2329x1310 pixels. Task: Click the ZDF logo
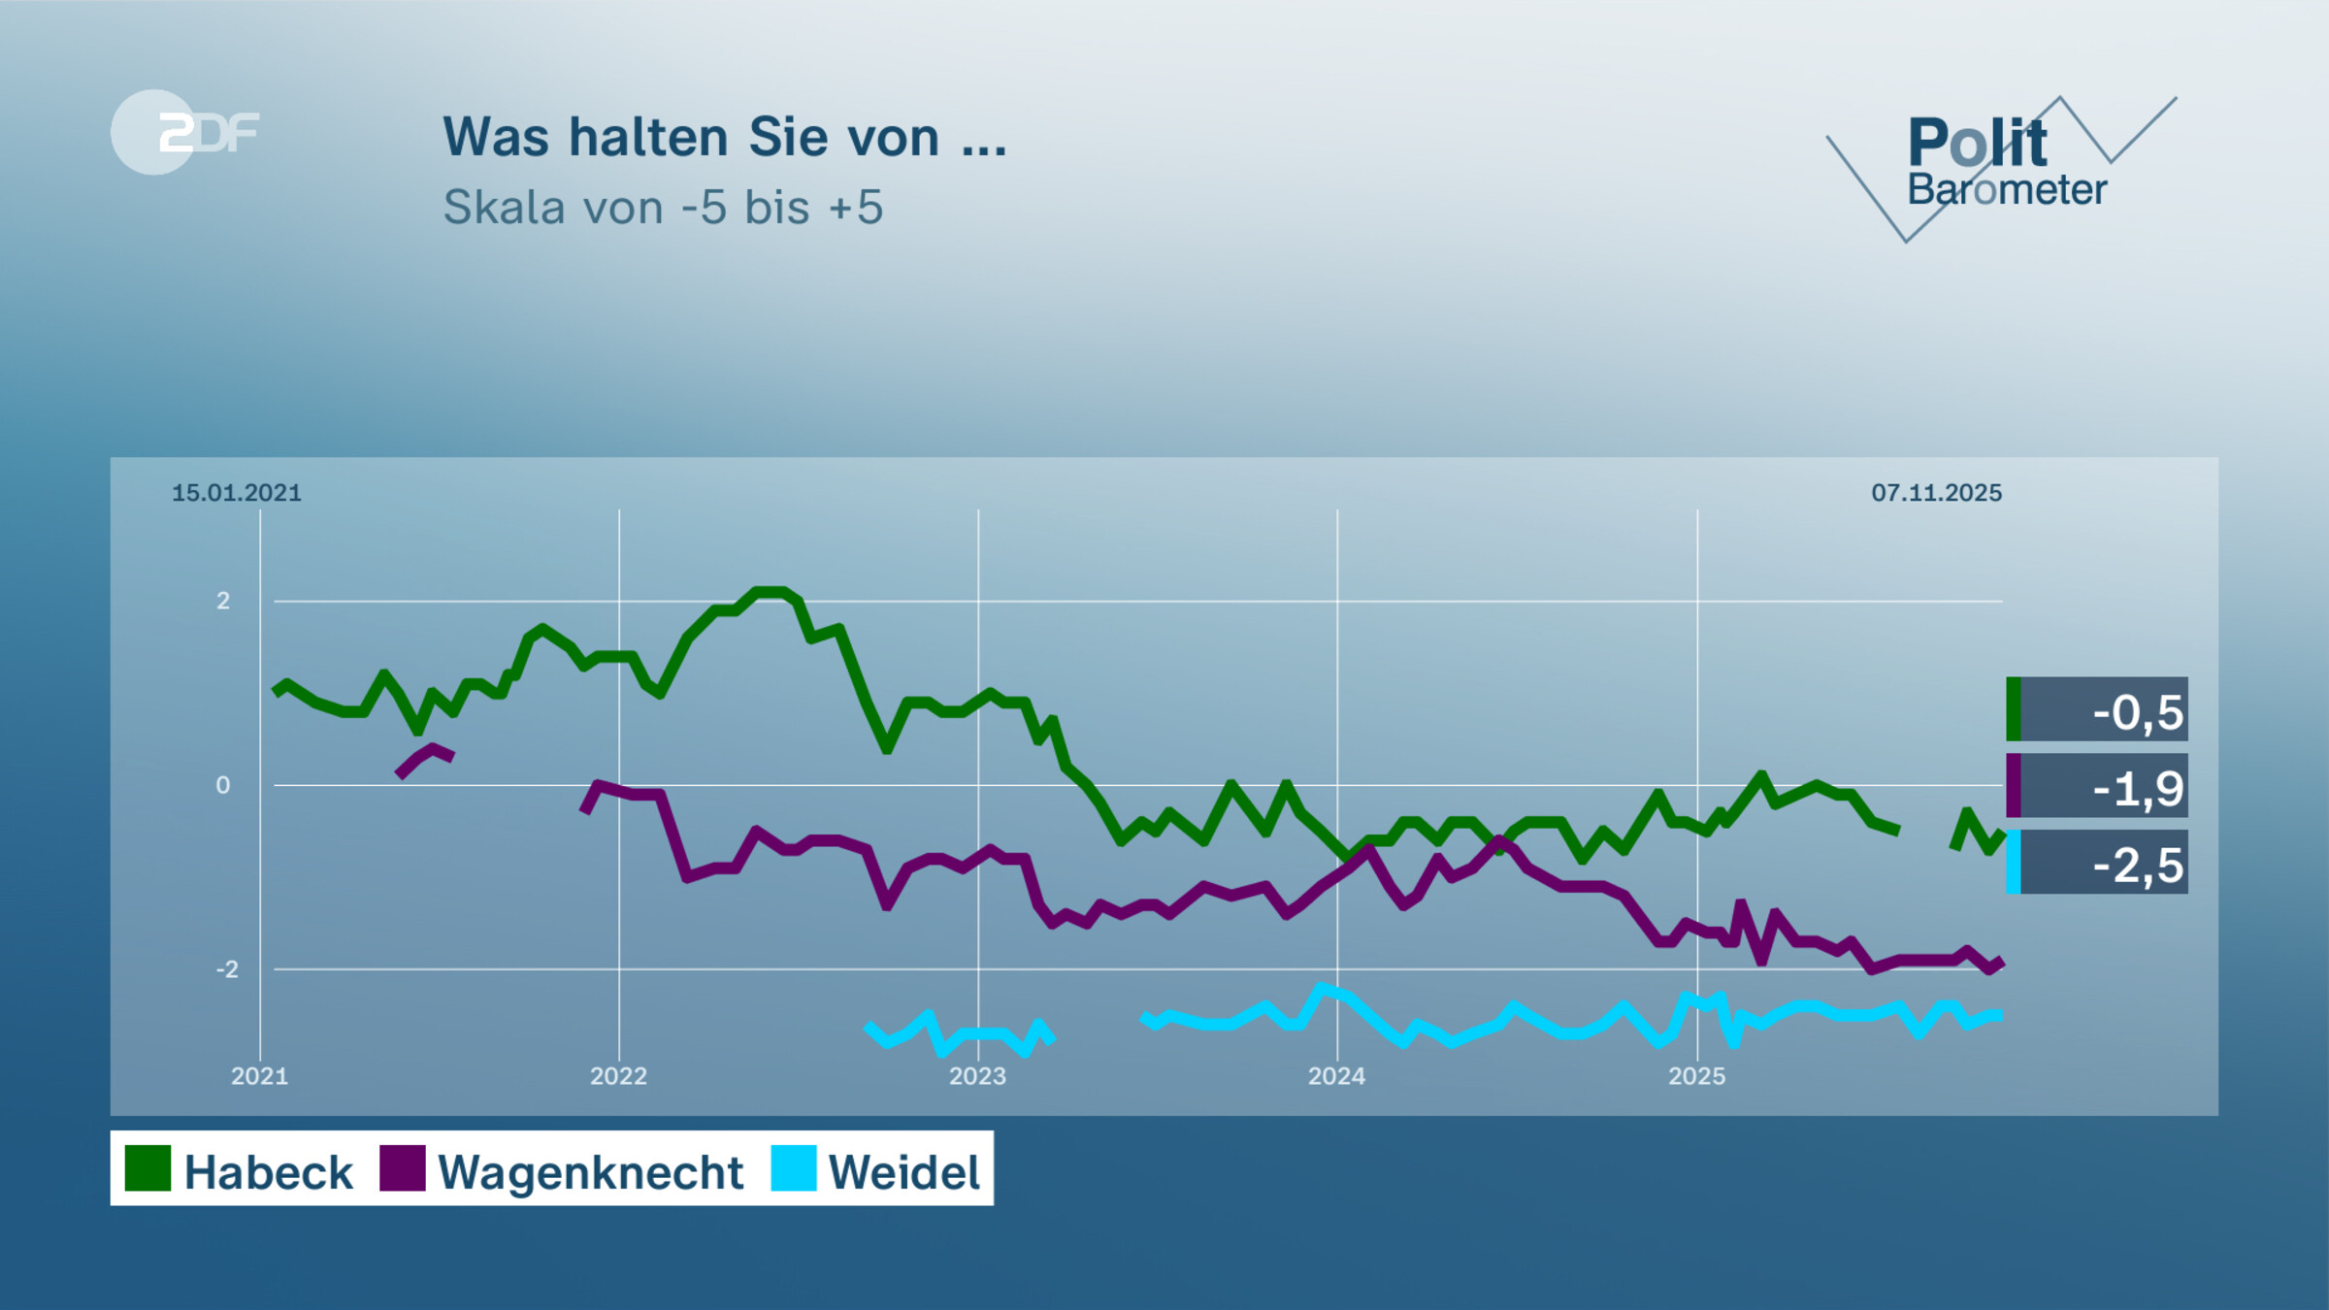[x=184, y=132]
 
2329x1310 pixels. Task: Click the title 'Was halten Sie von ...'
[x=725, y=137]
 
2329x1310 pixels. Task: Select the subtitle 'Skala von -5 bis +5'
[x=663, y=207]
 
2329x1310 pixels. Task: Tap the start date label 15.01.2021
[x=237, y=493]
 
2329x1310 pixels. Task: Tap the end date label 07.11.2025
[x=1936, y=493]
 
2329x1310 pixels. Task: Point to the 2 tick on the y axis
[x=223, y=601]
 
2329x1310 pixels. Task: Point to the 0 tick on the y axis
[x=223, y=785]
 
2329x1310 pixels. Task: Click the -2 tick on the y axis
[x=226, y=968]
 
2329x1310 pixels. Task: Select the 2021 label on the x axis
[x=259, y=1075]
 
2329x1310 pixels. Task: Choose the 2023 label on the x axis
[x=977, y=1075]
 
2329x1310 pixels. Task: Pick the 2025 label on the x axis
[x=1696, y=1075]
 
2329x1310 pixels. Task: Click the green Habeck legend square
[x=148, y=1167]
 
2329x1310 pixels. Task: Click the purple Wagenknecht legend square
[x=402, y=1167]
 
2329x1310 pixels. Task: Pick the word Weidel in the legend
[x=903, y=1172]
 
